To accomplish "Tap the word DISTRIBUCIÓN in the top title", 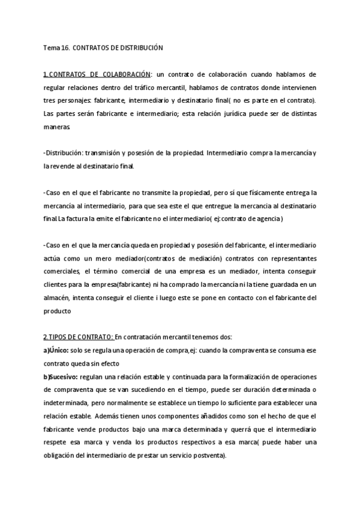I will (140, 47).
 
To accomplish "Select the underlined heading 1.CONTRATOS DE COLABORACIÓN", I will (97, 74).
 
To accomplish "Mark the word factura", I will (80, 219).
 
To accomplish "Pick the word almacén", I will (58, 298).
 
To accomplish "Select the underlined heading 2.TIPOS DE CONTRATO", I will (79, 337).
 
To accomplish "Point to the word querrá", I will (241, 430).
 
